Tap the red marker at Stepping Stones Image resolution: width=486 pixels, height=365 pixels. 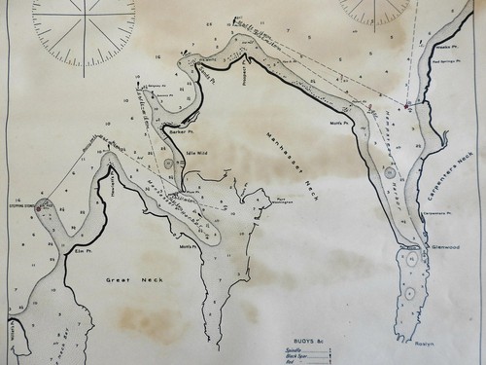pos(42,204)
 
